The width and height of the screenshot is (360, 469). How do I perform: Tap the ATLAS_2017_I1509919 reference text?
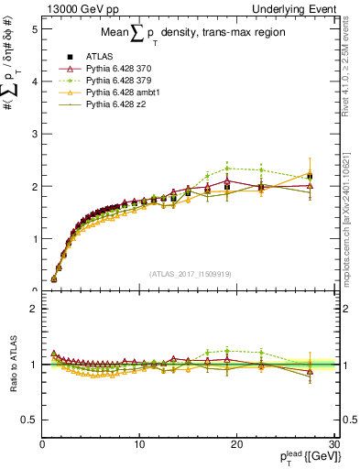pos(189,273)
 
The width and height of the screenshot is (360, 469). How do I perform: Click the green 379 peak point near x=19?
pos(227,168)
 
